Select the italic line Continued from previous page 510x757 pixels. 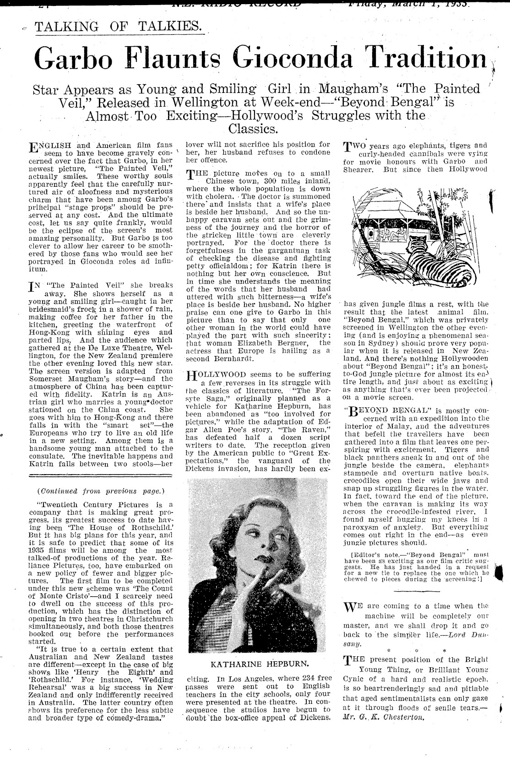pyautogui.click(x=100, y=491)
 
